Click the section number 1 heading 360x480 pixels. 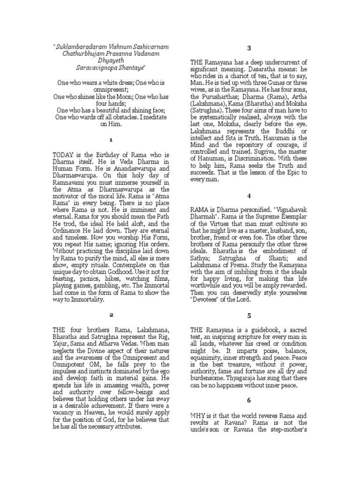(111, 140)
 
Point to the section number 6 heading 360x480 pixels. (249, 400)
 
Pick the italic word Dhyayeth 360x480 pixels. (111, 60)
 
